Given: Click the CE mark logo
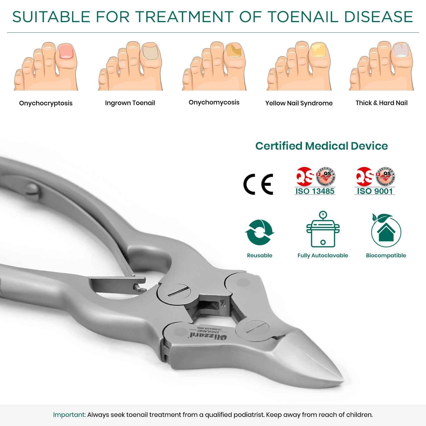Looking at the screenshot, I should point(258,184).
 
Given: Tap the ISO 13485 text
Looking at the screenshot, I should point(315,191).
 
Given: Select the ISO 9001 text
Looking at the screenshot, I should point(375,191).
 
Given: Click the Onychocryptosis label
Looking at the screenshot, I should point(46,103).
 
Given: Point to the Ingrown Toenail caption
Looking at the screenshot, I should point(130,103).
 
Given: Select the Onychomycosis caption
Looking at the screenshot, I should point(214,103).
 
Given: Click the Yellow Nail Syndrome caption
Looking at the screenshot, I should point(299,103).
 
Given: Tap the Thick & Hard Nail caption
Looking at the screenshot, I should point(381,103).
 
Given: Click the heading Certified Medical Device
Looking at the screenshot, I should point(321,146).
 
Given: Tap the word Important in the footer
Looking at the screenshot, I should point(69,415).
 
